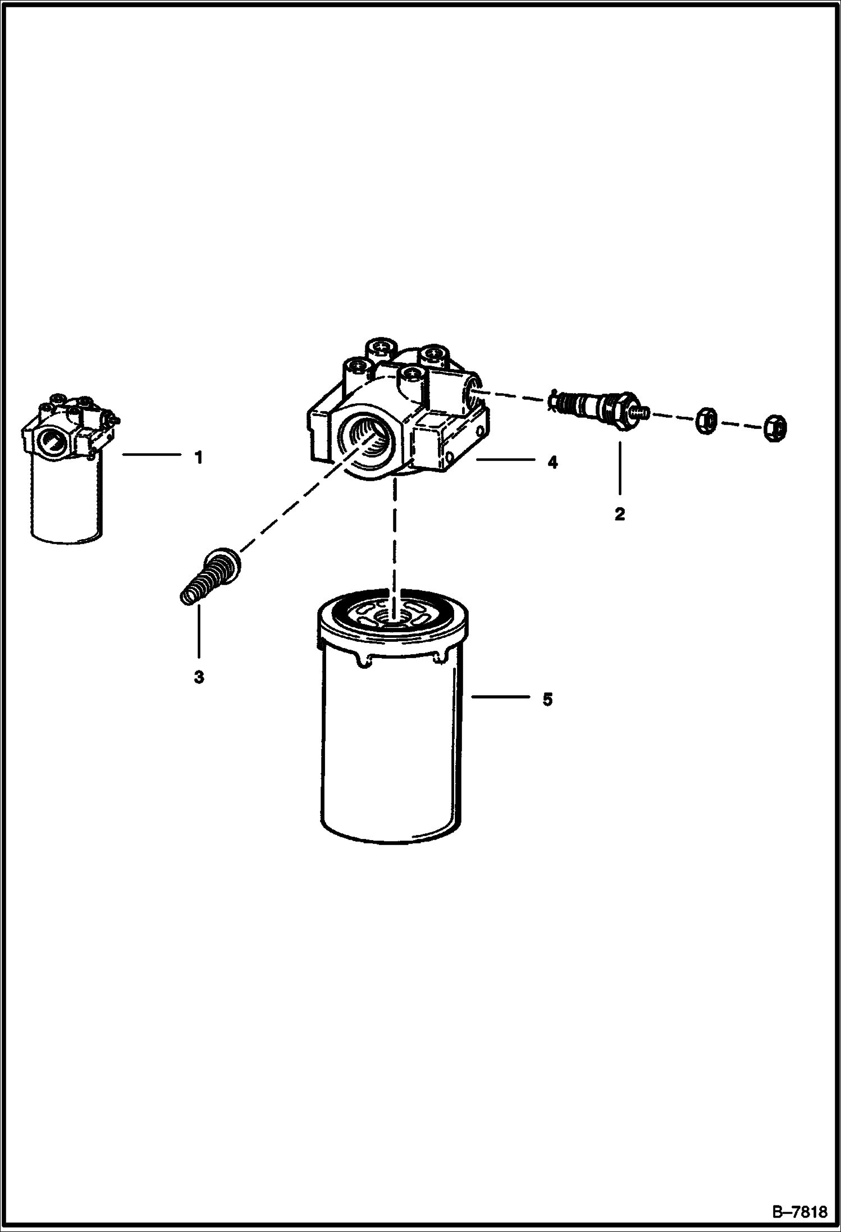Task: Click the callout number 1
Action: coord(198,458)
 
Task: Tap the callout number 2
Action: coord(619,514)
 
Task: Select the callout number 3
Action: coord(199,678)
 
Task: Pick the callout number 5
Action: coord(547,699)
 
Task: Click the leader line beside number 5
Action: coord(500,697)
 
